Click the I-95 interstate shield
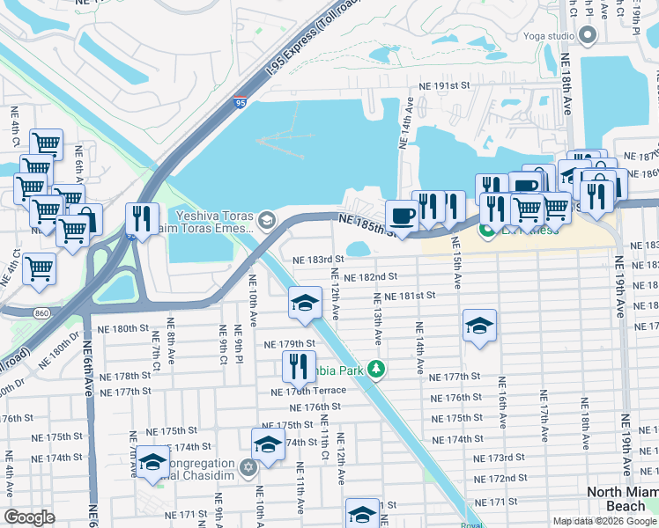pyautogui.click(x=241, y=103)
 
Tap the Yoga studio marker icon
pyautogui.click(x=589, y=36)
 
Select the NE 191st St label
pyautogui.click(x=442, y=86)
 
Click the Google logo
pyautogui.click(x=30, y=517)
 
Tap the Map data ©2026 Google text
pyautogui.click(x=603, y=521)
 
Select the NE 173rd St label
pyautogui.click(x=499, y=458)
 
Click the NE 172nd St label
pyautogui.click(x=501, y=478)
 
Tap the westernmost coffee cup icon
pyautogui.click(x=403, y=216)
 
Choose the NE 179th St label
pyautogui.click(x=290, y=344)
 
